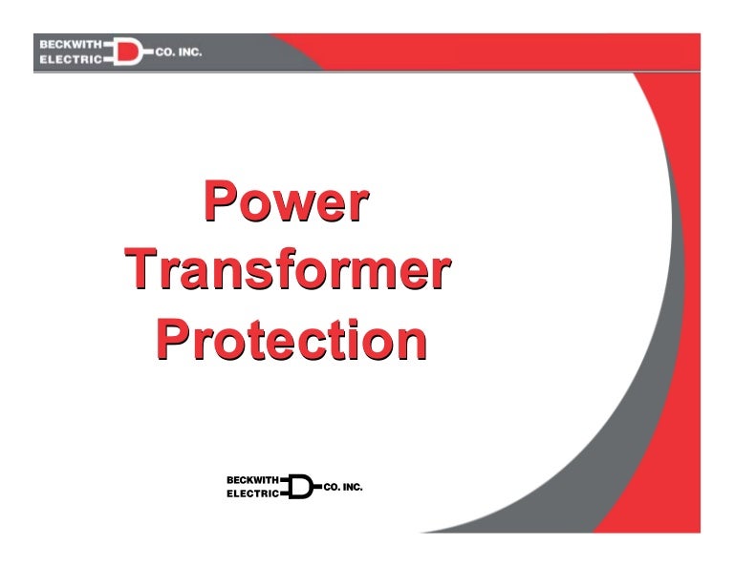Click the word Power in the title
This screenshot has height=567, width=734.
tap(286, 203)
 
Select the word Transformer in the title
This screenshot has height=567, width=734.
tap(287, 271)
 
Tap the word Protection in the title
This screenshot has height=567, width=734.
tap(291, 340)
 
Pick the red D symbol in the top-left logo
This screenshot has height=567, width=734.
tap(127, 52)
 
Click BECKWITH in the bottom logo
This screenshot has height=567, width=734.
tap(250, 478)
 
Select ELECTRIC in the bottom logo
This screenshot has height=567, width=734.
tap(252, 494)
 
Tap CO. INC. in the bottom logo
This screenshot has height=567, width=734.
tap(343, 487)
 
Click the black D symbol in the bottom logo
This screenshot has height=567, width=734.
tap(300, 487)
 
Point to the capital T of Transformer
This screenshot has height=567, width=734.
tap(142, 271)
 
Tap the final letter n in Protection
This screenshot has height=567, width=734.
tap(410, 342)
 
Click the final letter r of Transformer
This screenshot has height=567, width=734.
tap(439, 273)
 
